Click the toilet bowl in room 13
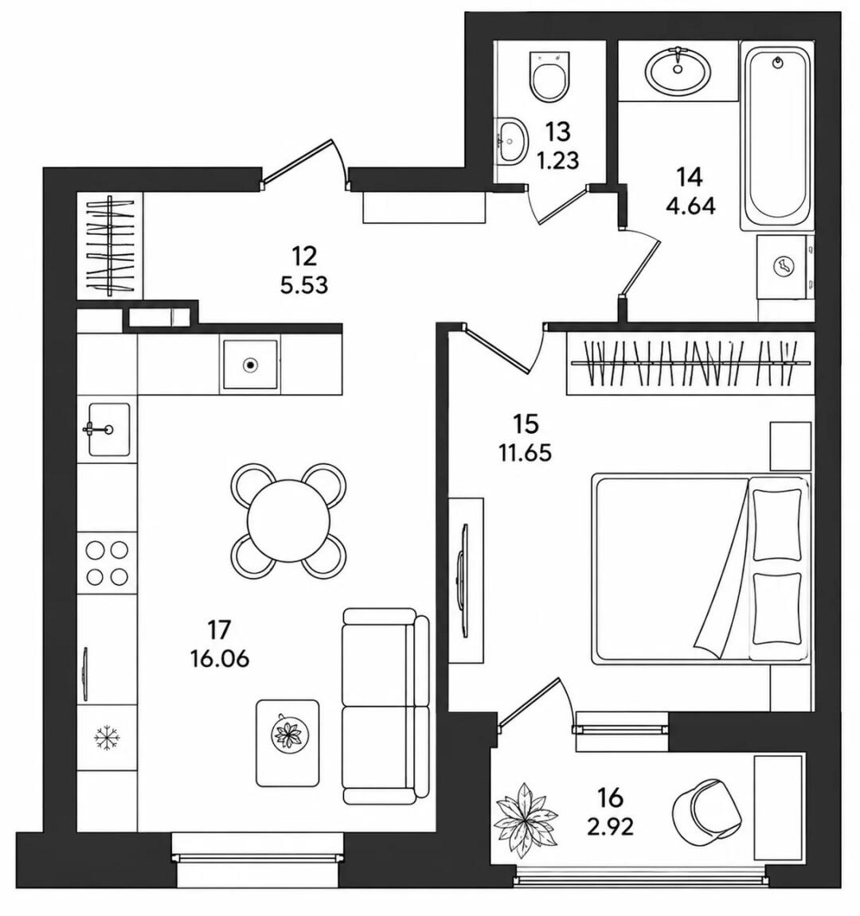pos(549,75)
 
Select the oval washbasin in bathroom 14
pos(678,69)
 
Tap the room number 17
pos(220,630)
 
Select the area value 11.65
pos(525,453)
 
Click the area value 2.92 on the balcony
pos(610,826)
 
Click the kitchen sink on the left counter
pos(109,430)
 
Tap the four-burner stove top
pos(107,563)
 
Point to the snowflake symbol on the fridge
pos(107,737)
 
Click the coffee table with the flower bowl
pos(287,742)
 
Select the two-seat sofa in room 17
pos(385,706)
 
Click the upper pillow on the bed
pos(776,524)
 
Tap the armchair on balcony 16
pos(707,809)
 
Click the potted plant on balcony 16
pos(524,821)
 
